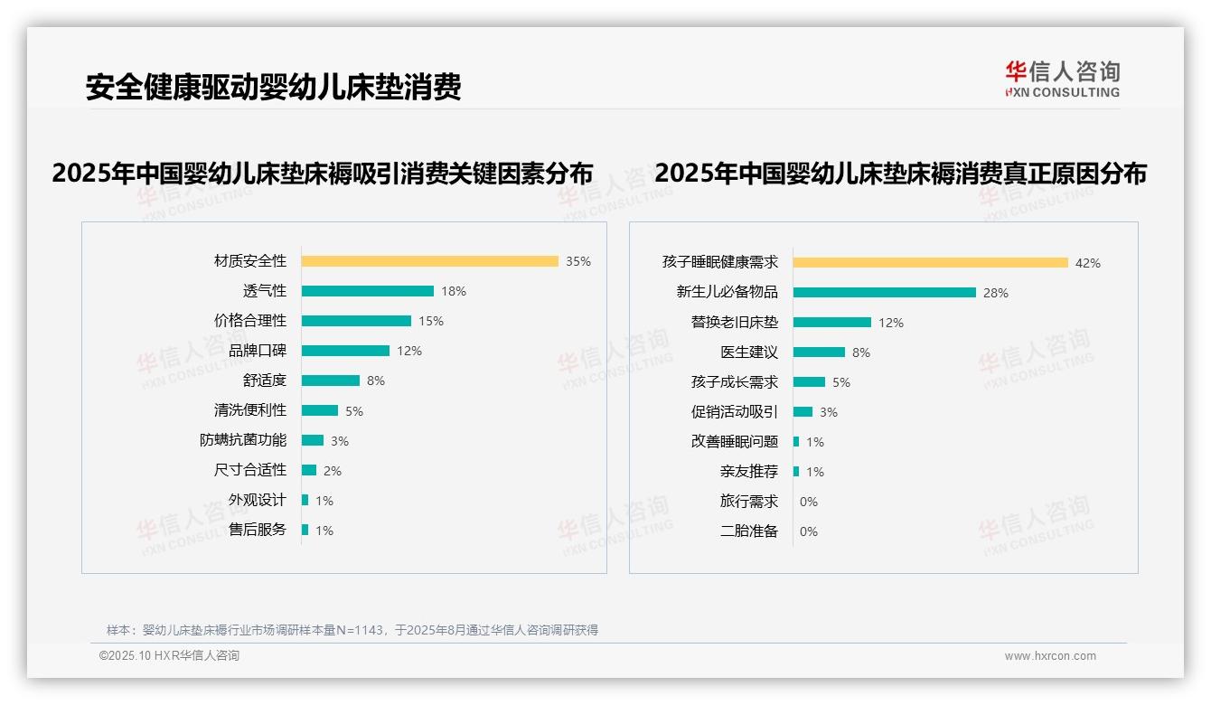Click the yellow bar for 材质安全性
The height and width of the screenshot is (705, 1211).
click(429, 261)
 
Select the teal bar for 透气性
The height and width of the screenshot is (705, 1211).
click(367, 291)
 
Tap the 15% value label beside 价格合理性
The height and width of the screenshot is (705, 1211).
click(431, 321)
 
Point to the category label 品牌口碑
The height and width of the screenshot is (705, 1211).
click(257, 351)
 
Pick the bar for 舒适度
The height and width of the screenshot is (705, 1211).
click(330, 381)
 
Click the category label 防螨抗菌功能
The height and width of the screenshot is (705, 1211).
click(243, 440)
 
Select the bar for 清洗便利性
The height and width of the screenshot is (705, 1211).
click(319, 410)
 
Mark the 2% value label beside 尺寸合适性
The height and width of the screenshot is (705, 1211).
click(333, 471)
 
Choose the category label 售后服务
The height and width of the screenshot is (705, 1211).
click(257, 530)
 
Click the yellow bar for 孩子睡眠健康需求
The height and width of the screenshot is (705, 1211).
click(930, 263)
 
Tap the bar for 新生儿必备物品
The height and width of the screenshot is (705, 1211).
click(884, 293)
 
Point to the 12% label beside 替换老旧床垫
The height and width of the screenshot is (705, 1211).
click(891, 323)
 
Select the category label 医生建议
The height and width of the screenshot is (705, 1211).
click(748, 352)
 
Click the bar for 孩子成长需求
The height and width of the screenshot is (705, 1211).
click(809, 382)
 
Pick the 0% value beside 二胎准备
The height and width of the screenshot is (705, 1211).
click(808, 531)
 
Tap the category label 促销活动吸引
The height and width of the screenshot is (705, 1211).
click(734, 412)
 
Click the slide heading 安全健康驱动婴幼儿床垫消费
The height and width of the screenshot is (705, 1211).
click(273, 87)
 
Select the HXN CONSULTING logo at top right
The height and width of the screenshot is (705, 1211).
click(1062, 80)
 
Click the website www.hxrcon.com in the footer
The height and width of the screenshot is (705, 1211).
click(1050, 656)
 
